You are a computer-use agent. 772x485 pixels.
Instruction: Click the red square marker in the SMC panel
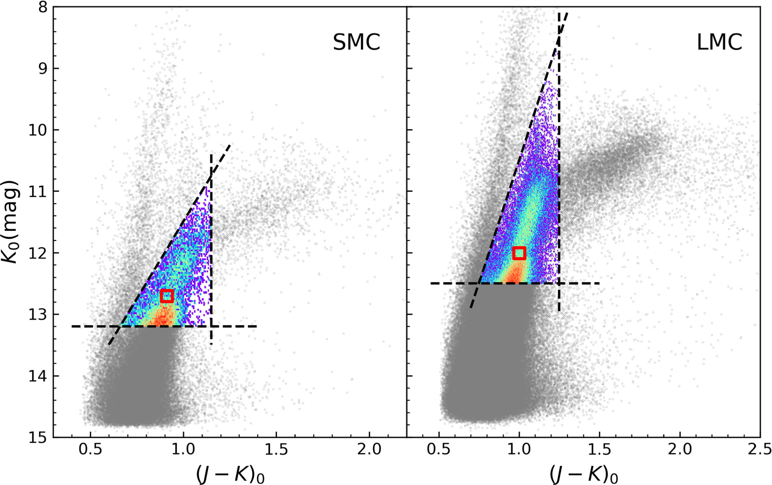pos(167,296)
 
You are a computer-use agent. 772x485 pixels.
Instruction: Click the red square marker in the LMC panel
pos(519,253)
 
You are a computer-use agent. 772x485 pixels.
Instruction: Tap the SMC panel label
pos(356,42)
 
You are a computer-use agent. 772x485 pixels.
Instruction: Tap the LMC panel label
pos(719,42)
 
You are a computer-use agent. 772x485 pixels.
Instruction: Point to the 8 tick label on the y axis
pos(42,7)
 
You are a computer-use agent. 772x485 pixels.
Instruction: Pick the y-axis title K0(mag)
pos(11,221)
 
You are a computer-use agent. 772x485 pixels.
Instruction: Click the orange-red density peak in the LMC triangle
pos(514,274)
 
